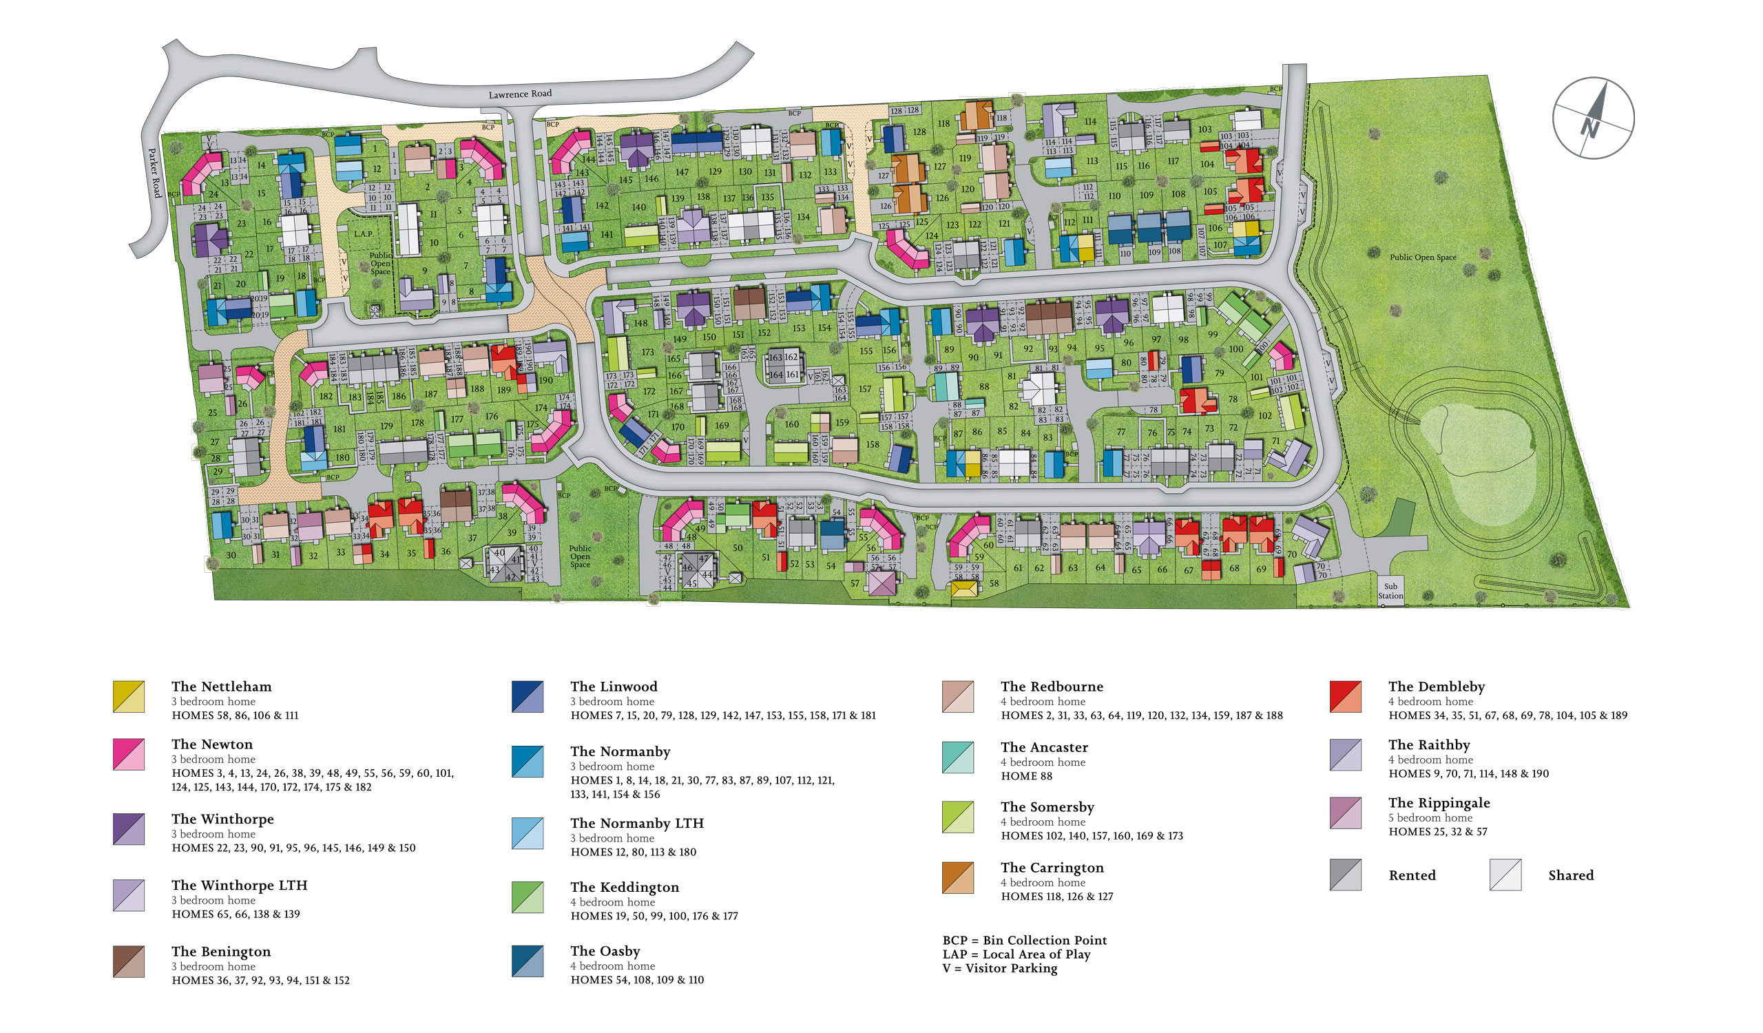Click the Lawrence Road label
[520, 94]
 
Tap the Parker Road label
[155, 172]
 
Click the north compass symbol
[1593, 118]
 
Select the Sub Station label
[1390, 591]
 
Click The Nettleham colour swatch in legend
[129, 697]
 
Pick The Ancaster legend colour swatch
[958, 758]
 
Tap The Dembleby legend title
[1437, 686]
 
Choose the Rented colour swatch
[1346, 874]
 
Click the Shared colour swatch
[1505, 874]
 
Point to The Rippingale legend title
[1439, 802]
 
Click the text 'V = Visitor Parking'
[1000, 968]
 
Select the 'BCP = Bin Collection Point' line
[1024, 940]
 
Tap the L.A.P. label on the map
[363, 233]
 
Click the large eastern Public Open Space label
[1423, 258]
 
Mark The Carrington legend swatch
[958, 878]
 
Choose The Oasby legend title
[605, 950]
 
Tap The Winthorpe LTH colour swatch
[129, 895]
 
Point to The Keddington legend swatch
[527, 897]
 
